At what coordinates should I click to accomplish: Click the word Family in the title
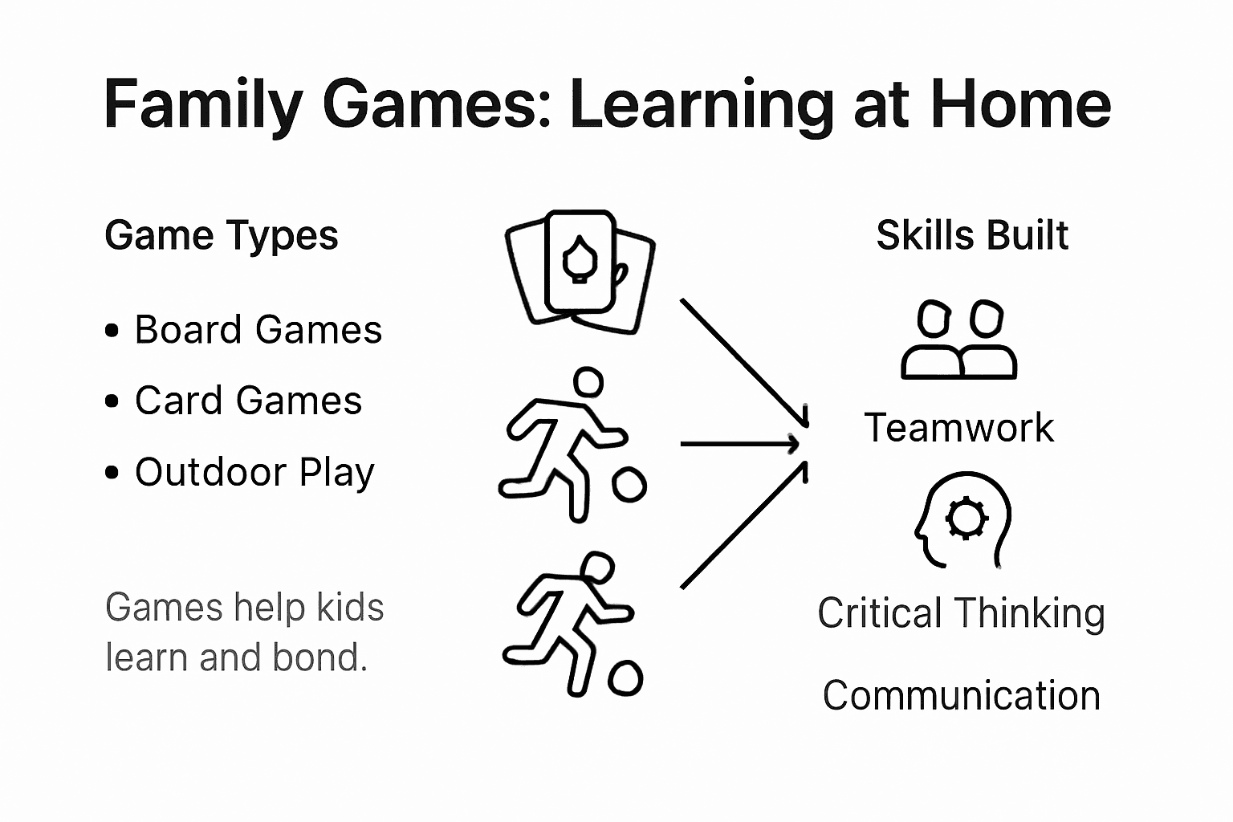coord(203,104)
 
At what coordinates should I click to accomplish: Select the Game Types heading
coord(222,235)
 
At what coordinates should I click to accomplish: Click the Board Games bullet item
coord(258,330)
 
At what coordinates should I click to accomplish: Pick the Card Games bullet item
coord(248,401)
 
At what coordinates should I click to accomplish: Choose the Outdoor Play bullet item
coord(254,472)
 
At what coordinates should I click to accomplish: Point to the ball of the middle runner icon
coord(629,485)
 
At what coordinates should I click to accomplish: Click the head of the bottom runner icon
coord(597,567)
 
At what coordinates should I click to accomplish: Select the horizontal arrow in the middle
coord(739,443)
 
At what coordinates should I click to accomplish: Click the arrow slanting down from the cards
coord(743,362)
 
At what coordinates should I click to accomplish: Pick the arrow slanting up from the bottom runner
coord(743,525)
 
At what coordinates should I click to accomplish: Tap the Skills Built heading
coord(972,235)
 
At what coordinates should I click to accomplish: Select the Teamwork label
coord(959,427)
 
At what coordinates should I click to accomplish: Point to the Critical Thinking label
coord(961,613)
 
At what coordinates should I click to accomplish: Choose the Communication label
coord(961,695)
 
